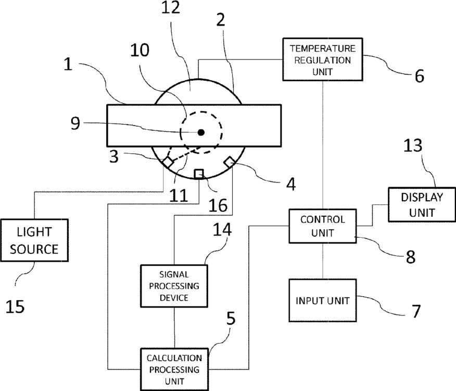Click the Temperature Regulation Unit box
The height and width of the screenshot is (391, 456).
click(x=323, y=59)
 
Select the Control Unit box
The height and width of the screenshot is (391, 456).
click(x=323, y=226)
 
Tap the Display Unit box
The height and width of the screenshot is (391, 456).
click(x=422, y=205)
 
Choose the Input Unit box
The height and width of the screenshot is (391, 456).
click(x=323, y=300)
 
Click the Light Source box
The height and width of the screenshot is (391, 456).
click(x=34, y=240)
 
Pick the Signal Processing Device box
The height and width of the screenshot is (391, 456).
click(x=174, y=286)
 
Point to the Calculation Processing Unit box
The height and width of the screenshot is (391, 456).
click(x=174, y=370)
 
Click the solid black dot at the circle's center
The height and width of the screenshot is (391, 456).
click(x=201, y=132)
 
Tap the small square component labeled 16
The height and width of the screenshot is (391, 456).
click(x=199, y=174)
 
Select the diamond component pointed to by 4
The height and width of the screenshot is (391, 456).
click(x=230, y=162)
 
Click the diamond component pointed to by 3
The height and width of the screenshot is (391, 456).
click(x=168, y=162)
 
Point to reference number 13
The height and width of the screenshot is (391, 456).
click(x=413, y=145)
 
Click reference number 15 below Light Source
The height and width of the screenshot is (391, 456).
click(x=15, y=307)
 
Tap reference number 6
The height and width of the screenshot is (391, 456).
click(x=419, y=76)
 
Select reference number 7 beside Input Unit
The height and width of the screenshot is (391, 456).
click(x=416, y=311)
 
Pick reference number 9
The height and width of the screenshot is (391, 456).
click(x=75, y=123)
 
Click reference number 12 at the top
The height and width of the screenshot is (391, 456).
click(x=171, y=7)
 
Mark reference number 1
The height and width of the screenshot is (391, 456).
click(x=68, y=64)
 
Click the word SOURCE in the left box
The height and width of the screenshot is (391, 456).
click(x=34, y=249)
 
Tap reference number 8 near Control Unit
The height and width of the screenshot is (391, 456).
click(x=410, y=257)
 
